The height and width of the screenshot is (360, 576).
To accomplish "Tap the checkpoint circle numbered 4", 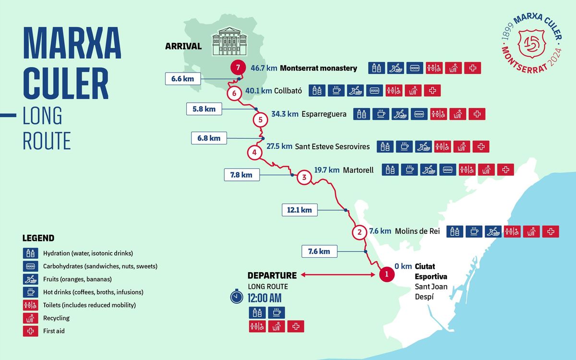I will [x=254, y=153].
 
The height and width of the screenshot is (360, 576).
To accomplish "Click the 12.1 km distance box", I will [x=300, y=210].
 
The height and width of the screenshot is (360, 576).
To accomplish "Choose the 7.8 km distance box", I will [x=242, y=175].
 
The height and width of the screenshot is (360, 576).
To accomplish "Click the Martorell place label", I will [x=358, y=170].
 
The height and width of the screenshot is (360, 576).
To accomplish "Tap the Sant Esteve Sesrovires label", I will [x=332, y=146].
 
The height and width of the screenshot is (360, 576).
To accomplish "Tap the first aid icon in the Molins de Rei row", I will [x=551, y=231].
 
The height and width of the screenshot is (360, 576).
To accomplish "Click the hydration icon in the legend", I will [x=30, y=253].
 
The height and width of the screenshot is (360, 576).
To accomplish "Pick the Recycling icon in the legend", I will [x=30, y=318].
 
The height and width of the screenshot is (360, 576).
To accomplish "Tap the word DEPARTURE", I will [x=272, y=276].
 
